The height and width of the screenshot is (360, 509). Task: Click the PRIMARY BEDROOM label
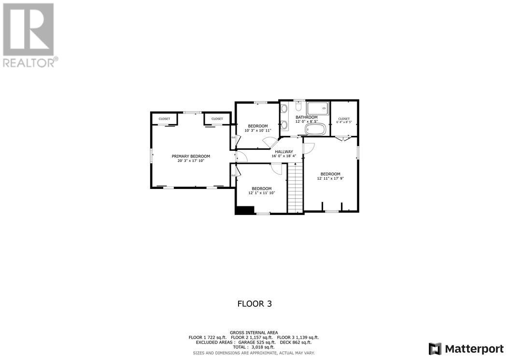(x=191, y=156)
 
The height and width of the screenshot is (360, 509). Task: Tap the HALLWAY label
(x=284, y=151)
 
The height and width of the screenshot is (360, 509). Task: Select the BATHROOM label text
(x=307, y=117)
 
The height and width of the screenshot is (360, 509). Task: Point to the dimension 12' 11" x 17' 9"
(x=330, y=178)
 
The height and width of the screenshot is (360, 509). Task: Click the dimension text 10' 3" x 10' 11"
(x=258, y=130)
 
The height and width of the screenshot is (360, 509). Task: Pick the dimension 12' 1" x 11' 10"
(x=261, y=193)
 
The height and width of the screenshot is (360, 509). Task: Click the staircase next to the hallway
(x=295, y=188)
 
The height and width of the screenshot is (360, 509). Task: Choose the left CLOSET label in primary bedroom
(x=164, y=119)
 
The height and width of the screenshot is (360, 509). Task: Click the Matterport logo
(x=466, y=348)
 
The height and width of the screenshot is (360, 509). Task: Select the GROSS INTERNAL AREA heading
(x=254, y=332)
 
